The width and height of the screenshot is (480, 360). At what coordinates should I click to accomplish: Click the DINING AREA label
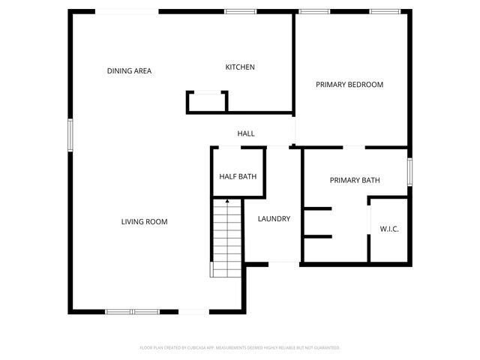pyautogui.click(x=129, y=71)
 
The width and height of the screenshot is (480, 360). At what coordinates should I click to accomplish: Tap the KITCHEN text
pyautogui.click(x=240, y=67)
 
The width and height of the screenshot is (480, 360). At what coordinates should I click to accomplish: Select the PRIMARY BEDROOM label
pyautogui.click(x=349, y=85)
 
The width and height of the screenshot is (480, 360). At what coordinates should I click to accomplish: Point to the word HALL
pyautogui.click(x=246, y=133)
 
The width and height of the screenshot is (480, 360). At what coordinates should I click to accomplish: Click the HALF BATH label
pyautogui.click(x=238, y=177)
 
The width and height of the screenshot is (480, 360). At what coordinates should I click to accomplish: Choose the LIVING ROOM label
pyautogui.click(x=144, y=222)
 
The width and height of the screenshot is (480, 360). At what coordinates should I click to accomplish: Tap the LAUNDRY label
pyautogui.click(x=274, y=219)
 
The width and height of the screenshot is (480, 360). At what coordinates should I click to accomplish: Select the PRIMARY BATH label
pyautogui.click(x=355, y=181)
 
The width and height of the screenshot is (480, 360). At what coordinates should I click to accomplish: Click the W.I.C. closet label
pyautogui.click(x=389, y=229)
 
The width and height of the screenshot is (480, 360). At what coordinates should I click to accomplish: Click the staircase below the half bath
pyautogui.click(x=226, y=236)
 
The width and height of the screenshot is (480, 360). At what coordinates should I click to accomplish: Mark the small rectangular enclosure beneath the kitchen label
pyautogui.click(x=207, y=101)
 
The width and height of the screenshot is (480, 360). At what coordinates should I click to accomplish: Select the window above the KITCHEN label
pyautogui.click(x=241, y=11)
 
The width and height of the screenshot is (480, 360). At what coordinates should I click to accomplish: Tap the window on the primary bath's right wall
pyautogui.click(x=409, y=171)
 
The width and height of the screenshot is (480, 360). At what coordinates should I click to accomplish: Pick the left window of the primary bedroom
pyautogui.click(x=309, y=11)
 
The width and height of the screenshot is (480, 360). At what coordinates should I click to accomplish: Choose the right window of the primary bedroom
pyautogui.click(x=384, y=11)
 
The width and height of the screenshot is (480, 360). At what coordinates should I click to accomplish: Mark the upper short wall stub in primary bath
pyautogui.click(x=317, y=208)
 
